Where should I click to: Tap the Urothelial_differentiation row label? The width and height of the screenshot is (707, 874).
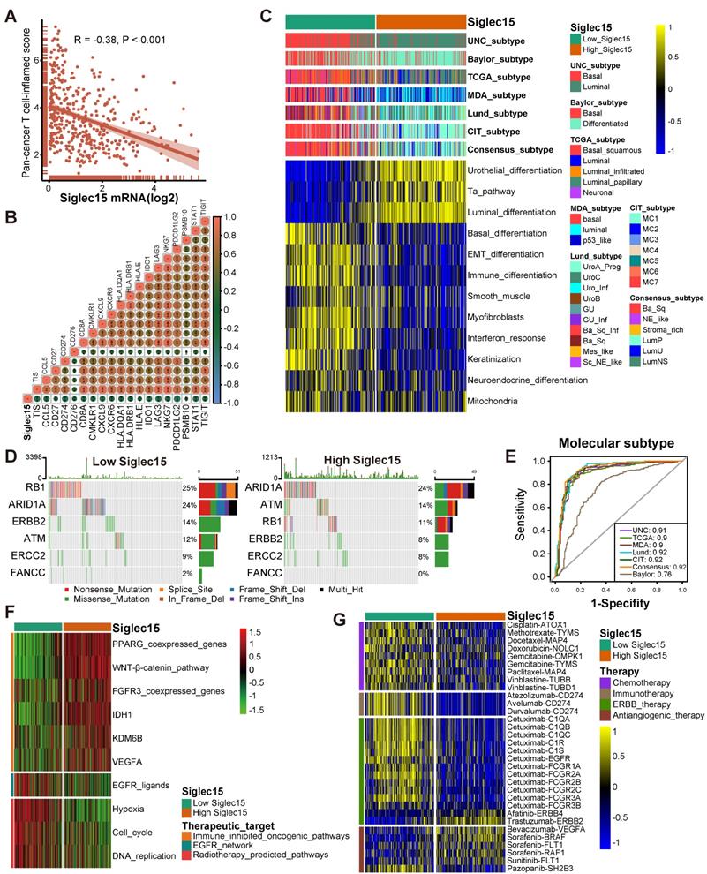point(516,169)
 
